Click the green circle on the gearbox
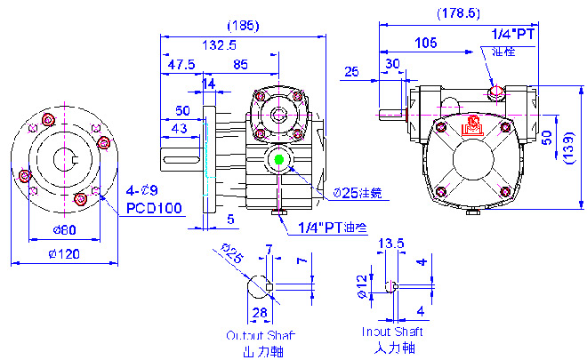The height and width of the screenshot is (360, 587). pos(280,160)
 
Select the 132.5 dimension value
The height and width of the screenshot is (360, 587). pos(220,44)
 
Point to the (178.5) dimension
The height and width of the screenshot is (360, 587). pos(459,14)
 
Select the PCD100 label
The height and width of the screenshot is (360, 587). pos(153,208)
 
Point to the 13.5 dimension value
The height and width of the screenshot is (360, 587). pos(391,243)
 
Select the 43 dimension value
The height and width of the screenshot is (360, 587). pos(179,129)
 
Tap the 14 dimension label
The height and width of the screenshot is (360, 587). pos(209,84)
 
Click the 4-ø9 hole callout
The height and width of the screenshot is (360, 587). pos(141,190)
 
